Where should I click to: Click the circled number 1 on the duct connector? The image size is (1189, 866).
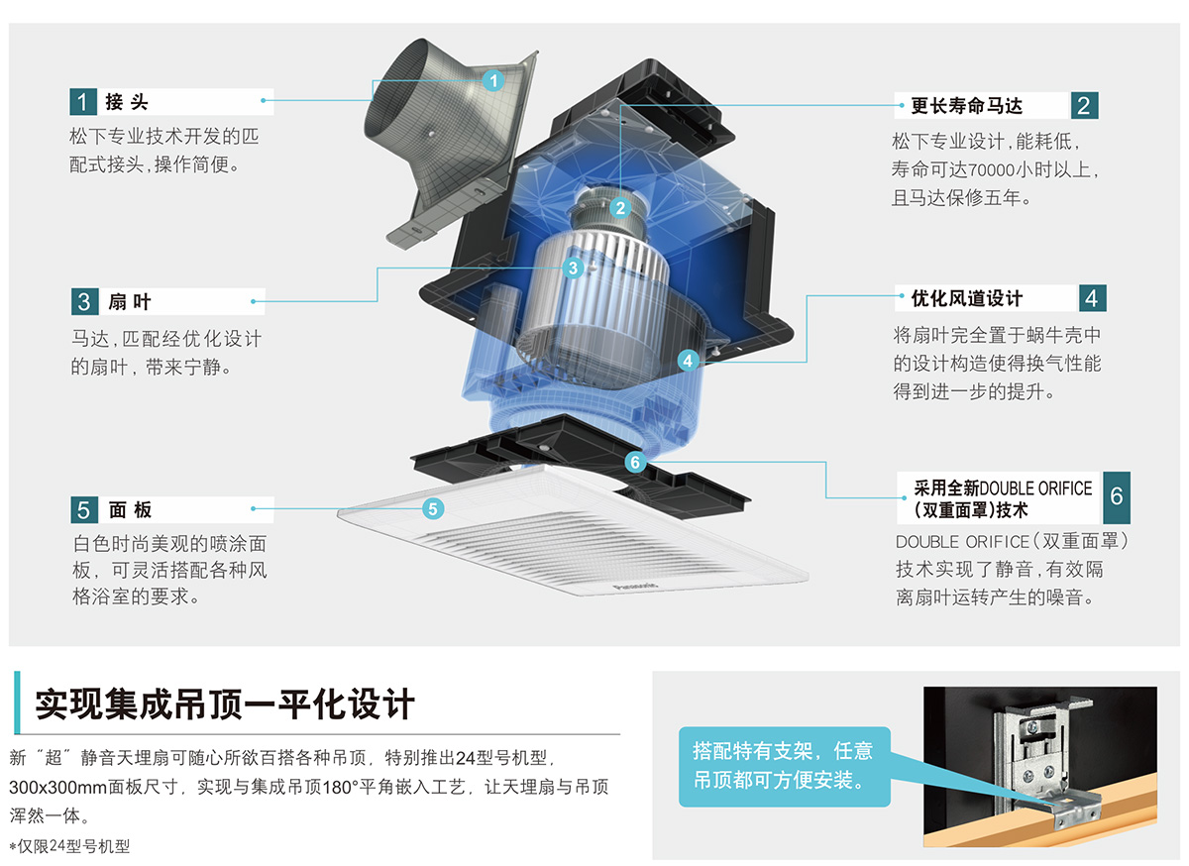(493, 80)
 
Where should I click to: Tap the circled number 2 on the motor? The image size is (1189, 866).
(620, 207)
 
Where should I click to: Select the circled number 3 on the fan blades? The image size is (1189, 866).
(573, 268)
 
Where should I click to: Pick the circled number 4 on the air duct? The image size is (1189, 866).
(689, 361)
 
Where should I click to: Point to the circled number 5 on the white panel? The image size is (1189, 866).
(432, 509)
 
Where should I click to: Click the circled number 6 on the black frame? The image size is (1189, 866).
(635, 462)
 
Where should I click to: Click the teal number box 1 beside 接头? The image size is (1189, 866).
(83, 102)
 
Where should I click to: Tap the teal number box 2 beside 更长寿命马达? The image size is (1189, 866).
(1084, 105)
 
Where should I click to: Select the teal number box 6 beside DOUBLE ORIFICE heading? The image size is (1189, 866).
(1116, 496)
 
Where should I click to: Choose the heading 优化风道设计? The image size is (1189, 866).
(966, 298)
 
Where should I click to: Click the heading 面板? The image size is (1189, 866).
(130, 510)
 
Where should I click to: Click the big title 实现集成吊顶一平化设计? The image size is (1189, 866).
(225, 704)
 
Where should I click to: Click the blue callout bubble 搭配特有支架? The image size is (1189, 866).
(782, 766)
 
